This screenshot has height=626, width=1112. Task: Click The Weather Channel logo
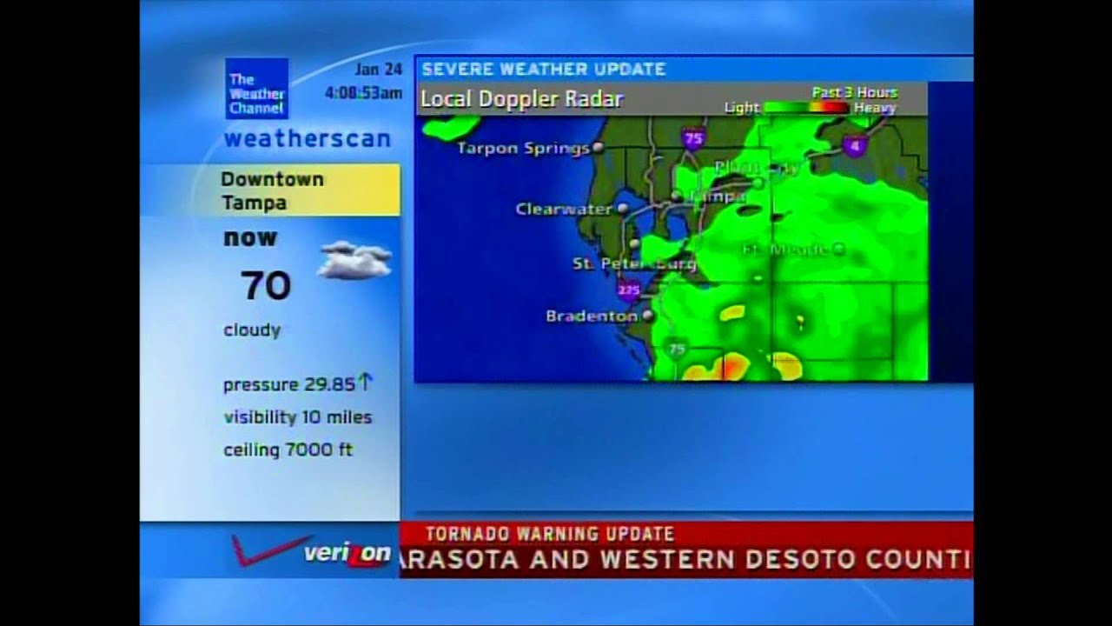pyautogui.click(x=256, y=89)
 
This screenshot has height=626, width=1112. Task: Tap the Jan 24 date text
pyautogui.click(x=378, y=70)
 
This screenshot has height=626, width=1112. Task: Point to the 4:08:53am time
pyautogui.click(x=363, y=93)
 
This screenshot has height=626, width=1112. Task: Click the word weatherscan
pyautogui.click(x=308, y=139)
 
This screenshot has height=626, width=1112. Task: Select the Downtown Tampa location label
pyautogui.click(x=272, y=190)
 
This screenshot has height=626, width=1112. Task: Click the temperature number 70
pyautogui.click(x=266, y=285)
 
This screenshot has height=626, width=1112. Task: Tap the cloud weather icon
pyautogui.click(x=354, y=260)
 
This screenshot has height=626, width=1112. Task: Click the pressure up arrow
pyautogui.click(x=365, y=382)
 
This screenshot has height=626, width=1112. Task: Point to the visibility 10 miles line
pyautogui.click(x=297, y=417)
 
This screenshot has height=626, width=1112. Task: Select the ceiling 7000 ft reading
pyautogui.click(x=288, y=450)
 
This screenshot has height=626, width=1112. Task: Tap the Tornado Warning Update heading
pyautogui.click(x=549, y=534)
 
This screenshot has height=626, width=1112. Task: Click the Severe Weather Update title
pyautogui.click(x=544, y=70)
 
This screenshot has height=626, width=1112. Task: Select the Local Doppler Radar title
pyautogui.click(x=521, y=99)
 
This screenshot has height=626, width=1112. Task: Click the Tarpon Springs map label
pyautogui.click(x=523, y=149)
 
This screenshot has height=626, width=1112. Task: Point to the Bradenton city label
pyautogui.click(x=591, y=316)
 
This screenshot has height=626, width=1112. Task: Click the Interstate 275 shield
pyautogui.click(x=629, y=289)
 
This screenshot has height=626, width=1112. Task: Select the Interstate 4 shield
pyautogui.click(x=855, y=145)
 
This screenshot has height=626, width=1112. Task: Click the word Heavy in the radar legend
pyautogui.click(x=874, y=108)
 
